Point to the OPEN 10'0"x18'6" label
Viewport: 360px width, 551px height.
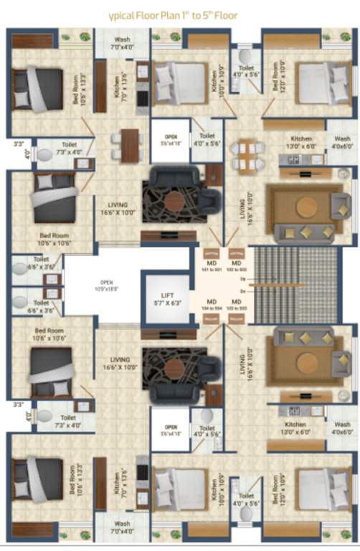105,287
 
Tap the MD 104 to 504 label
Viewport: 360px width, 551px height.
213,304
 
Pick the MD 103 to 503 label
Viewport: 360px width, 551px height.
236,304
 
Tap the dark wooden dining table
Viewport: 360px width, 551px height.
130,145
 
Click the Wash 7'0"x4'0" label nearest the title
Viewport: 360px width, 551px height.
122,44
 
